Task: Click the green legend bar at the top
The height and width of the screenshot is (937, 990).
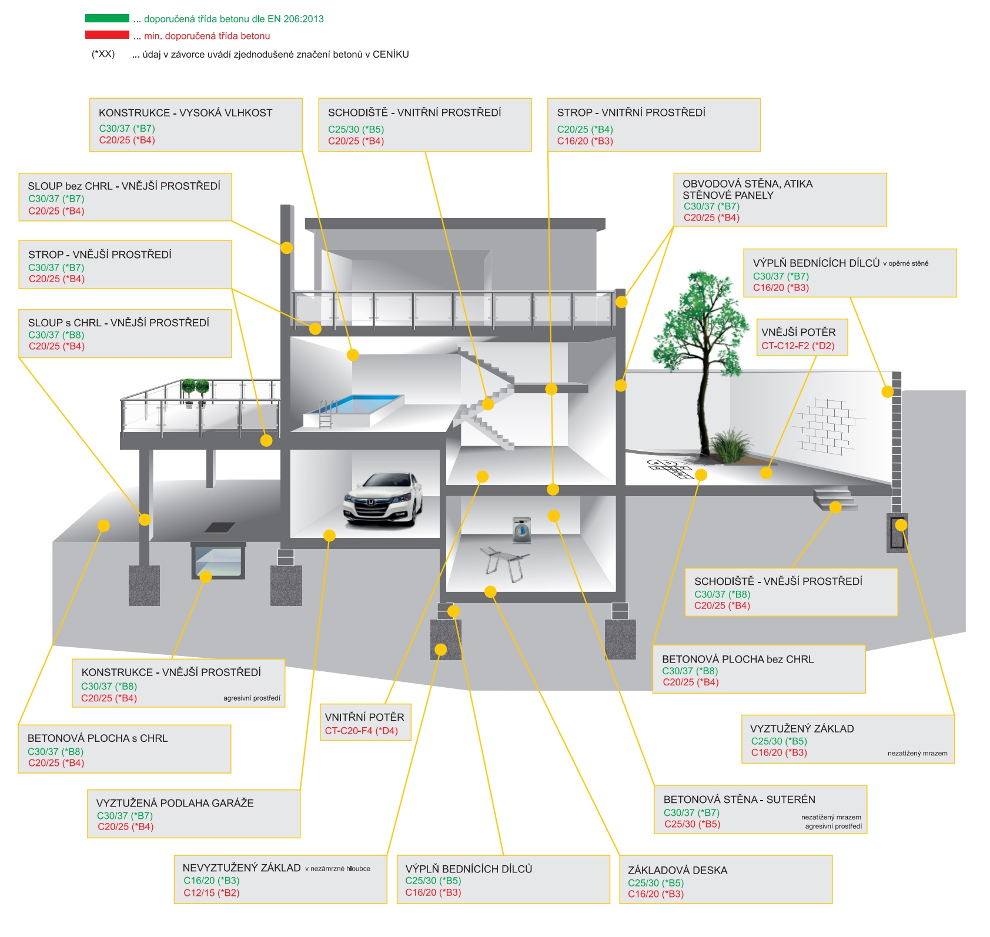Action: pyautogui.click(x=107, y=18)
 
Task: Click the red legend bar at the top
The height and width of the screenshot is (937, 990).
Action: pyautogui.click(x=107, y=35)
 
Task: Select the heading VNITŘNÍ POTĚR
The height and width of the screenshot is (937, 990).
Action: pyautogui.click(x=364, y=717)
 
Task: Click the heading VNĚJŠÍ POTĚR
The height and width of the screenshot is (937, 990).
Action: pyautogui.click(x=798, y=332)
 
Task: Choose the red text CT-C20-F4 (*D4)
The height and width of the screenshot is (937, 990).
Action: pyautogui.click(x=361, y=731)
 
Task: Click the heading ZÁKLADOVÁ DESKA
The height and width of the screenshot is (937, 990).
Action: pyautogui.click(x=677, y=870)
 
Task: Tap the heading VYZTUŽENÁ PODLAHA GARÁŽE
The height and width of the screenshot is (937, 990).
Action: pyautogui.click(x=175, y=803)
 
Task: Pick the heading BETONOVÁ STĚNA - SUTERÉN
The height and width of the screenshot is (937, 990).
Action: pyautogui.click(x=739, y=799)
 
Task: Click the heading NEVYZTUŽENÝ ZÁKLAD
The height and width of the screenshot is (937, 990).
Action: pyautogui.click(x=242, y=868)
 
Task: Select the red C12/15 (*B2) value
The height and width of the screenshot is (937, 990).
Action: pyautogui.click(x=211, y=893)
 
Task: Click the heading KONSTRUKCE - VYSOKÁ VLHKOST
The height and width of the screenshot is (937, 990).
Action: pyautogui.click(x=185, y=113)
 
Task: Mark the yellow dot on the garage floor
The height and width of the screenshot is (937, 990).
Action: pyautogui.click(x=329, y=535)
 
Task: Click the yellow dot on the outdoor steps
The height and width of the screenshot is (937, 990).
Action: pyautogui.click(x=835, y=507)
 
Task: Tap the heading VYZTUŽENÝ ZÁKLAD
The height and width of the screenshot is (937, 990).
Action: pyautogui.click(x=802, y=729)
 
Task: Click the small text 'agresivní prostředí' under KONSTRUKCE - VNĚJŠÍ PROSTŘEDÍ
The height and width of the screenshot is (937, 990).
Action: pyautogui.click(x=252, y=698)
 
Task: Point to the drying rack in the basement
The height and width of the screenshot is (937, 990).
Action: pyautogui.click(x=504, y=563)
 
